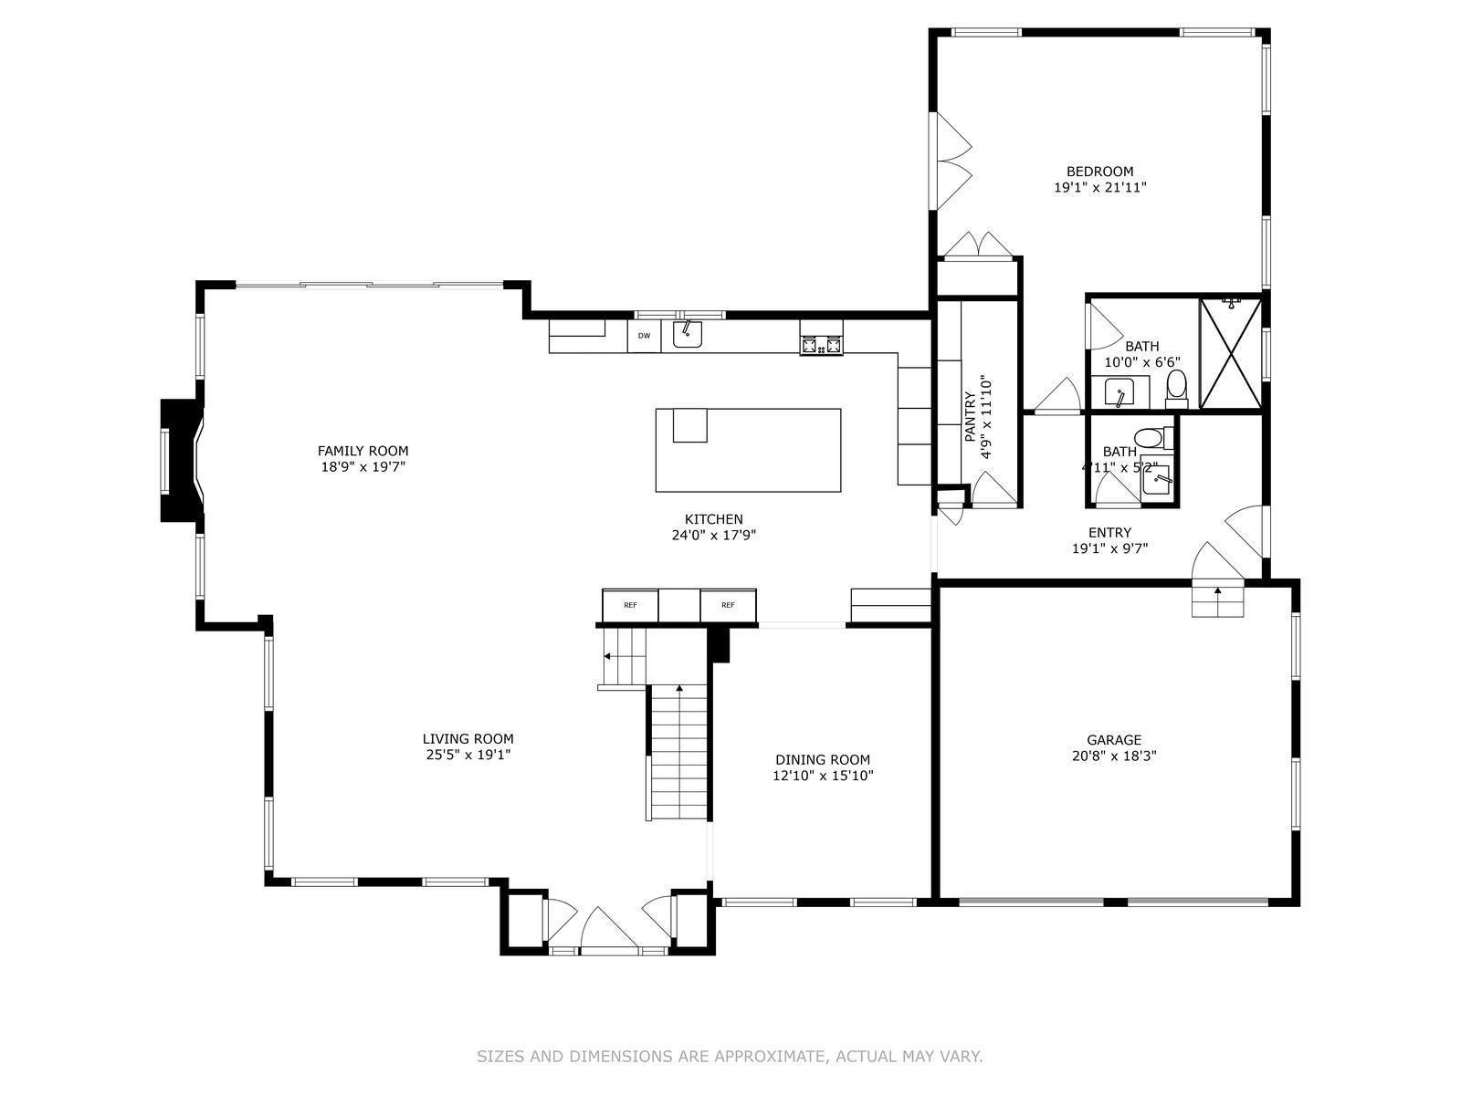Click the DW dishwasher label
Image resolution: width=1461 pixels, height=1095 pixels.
pyautogui.click(x=644, y=336)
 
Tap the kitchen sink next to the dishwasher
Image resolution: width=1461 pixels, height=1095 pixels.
pyautogui.click(x=687, y=335)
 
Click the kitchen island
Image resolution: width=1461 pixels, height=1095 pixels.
pyautogui.click(x=748, y=450)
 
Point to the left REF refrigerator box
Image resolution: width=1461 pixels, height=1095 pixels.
pyautogui.click(x=630, y=605)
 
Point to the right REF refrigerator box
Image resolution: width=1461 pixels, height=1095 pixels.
pyautogui.click(x=728, y=605)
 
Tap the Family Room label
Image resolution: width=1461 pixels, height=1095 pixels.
pyautogui.click(x=363, y=451)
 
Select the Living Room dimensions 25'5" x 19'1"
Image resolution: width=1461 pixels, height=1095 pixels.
pyautogui.click(x=468, y=756)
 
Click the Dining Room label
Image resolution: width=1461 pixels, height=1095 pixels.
pyautogui.click(x=822, y=759)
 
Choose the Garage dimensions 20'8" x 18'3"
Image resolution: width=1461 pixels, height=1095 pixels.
pyautogui.click(x=1114, y=756)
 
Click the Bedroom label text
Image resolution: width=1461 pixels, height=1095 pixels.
pyautogui.click(x=1099, y=172)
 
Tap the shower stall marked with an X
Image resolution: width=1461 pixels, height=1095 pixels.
pyautogui.click(x=1229, y=353)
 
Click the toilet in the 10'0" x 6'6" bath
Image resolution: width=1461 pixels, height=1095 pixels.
pyautogui.click(x=1176, y=388)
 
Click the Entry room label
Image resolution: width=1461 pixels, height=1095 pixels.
pyautogui.click(x=1109, y=533)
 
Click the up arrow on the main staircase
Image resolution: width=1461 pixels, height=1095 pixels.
pyautogui.click(x=678, y=688)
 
